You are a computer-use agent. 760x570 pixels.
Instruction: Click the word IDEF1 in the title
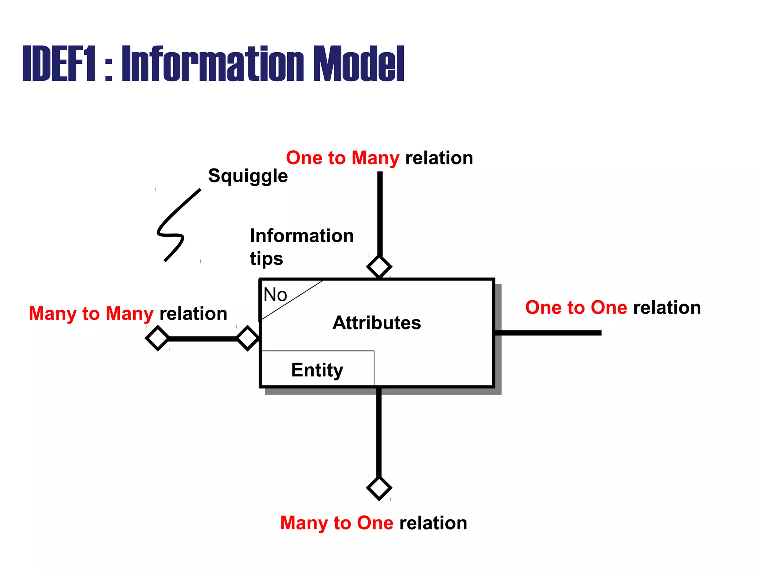point(59,64)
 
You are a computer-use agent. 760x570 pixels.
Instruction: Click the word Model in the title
point(358,64)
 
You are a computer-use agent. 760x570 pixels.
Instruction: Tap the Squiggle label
point(248,176)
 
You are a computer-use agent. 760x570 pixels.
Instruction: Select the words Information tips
point(301,247)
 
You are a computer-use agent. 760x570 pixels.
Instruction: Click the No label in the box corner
point(275,295)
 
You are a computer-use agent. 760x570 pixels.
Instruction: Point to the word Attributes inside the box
point(376,323)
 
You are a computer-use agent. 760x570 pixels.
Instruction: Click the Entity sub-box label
point(317,370)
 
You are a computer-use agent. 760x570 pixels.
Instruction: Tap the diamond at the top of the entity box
point(379,267)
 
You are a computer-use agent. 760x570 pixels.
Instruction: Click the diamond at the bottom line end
point(379,488)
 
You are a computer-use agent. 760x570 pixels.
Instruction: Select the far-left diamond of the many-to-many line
point(158,338)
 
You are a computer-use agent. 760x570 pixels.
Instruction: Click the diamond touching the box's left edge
point(248,338)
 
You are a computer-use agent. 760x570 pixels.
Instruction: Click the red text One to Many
point(343,158)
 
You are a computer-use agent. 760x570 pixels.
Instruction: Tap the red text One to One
point(576,308)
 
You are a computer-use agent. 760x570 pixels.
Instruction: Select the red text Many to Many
point(91,314)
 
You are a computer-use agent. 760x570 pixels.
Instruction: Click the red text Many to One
point(337,523)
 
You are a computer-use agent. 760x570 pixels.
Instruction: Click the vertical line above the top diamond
point(380,213)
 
